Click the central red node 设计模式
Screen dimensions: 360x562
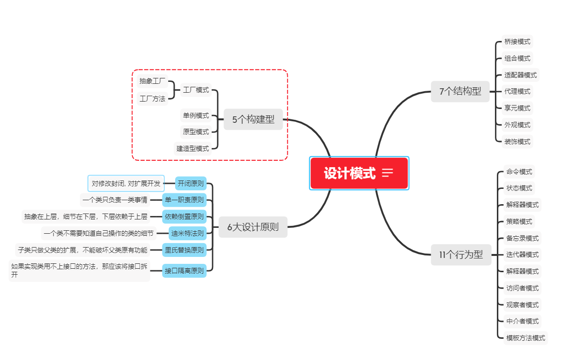350,173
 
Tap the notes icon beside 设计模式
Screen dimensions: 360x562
387,173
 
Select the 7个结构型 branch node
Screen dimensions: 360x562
460,91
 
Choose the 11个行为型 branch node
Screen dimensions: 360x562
461,255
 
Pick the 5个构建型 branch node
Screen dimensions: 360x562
253,119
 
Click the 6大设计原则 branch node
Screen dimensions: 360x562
253,227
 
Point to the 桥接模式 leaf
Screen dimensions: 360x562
517,42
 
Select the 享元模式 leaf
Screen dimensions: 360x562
517,108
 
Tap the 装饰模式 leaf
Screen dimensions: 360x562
517,142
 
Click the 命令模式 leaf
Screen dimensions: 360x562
519,172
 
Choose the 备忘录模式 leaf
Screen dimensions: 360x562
522,238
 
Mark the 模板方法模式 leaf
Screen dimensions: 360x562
525,338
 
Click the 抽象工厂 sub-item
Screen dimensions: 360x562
152,81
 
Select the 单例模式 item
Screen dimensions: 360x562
196,115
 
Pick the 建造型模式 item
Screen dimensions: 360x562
192,148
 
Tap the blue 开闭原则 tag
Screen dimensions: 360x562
191,183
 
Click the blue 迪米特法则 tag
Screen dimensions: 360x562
187,233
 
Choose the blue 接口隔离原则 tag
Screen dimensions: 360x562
184,271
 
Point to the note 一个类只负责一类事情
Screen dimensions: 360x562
115,200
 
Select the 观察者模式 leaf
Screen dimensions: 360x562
522,305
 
